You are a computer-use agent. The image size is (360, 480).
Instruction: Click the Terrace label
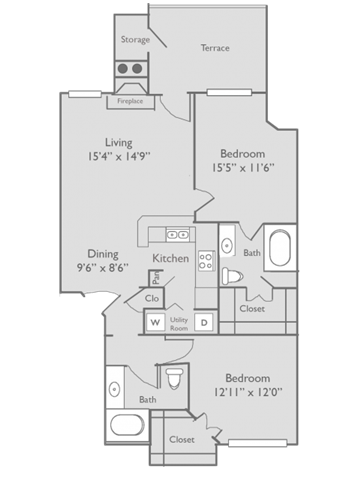[214, 47]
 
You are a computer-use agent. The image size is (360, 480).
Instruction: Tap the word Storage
[135, 40]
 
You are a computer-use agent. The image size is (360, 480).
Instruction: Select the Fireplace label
[131, 100]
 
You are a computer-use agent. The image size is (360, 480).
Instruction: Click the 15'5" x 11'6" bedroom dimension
[243, 169]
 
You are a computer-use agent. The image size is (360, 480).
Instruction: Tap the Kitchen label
[170, 259]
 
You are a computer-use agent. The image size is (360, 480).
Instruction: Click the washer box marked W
[156, 322]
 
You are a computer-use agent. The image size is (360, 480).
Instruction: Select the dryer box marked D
[203, 322]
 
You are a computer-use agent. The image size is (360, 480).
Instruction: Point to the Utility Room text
[179, 322]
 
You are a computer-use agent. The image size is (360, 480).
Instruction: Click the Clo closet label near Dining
[152, 298]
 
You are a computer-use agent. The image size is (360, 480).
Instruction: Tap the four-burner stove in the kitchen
[207, 261]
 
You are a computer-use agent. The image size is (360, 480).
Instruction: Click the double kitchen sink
[177, 234]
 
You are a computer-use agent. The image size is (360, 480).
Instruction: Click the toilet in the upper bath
[232, 276]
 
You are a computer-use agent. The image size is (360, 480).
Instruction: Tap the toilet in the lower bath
[176, 379]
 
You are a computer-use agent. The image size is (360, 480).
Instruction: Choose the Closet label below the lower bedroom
[182, 439]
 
